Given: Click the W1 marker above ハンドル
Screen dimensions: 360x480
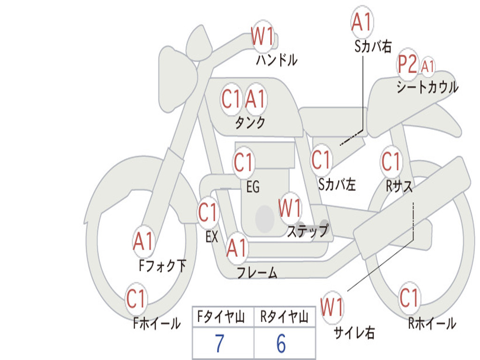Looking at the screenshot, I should (x=262, y=37).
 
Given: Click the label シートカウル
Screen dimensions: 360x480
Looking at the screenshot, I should (x=427, y=88).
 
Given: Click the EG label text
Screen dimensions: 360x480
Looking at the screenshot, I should (x=253, y=187).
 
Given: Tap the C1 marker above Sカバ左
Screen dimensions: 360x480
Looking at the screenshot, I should (x=322, y=160).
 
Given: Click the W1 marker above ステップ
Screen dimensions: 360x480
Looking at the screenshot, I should (x=290, y=208).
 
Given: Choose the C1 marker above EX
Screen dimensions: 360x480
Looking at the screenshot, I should (x=208, y=213).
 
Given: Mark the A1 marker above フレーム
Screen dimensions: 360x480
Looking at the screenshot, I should (x=237, y=248).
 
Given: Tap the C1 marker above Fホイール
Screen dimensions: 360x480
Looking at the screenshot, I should (x=136, y=299).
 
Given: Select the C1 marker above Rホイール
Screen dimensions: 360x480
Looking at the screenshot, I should (x=409, y=297).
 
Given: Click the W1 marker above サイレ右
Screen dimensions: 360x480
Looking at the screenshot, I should (x=332, y=307).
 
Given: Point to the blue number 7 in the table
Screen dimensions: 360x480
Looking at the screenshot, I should (x=219, y=344).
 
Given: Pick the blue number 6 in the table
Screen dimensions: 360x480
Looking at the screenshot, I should (x=281, y=344).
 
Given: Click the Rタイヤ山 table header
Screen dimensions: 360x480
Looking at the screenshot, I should (x=284, y=318).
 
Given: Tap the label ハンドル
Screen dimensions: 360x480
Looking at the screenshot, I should (x=277, y=60).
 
